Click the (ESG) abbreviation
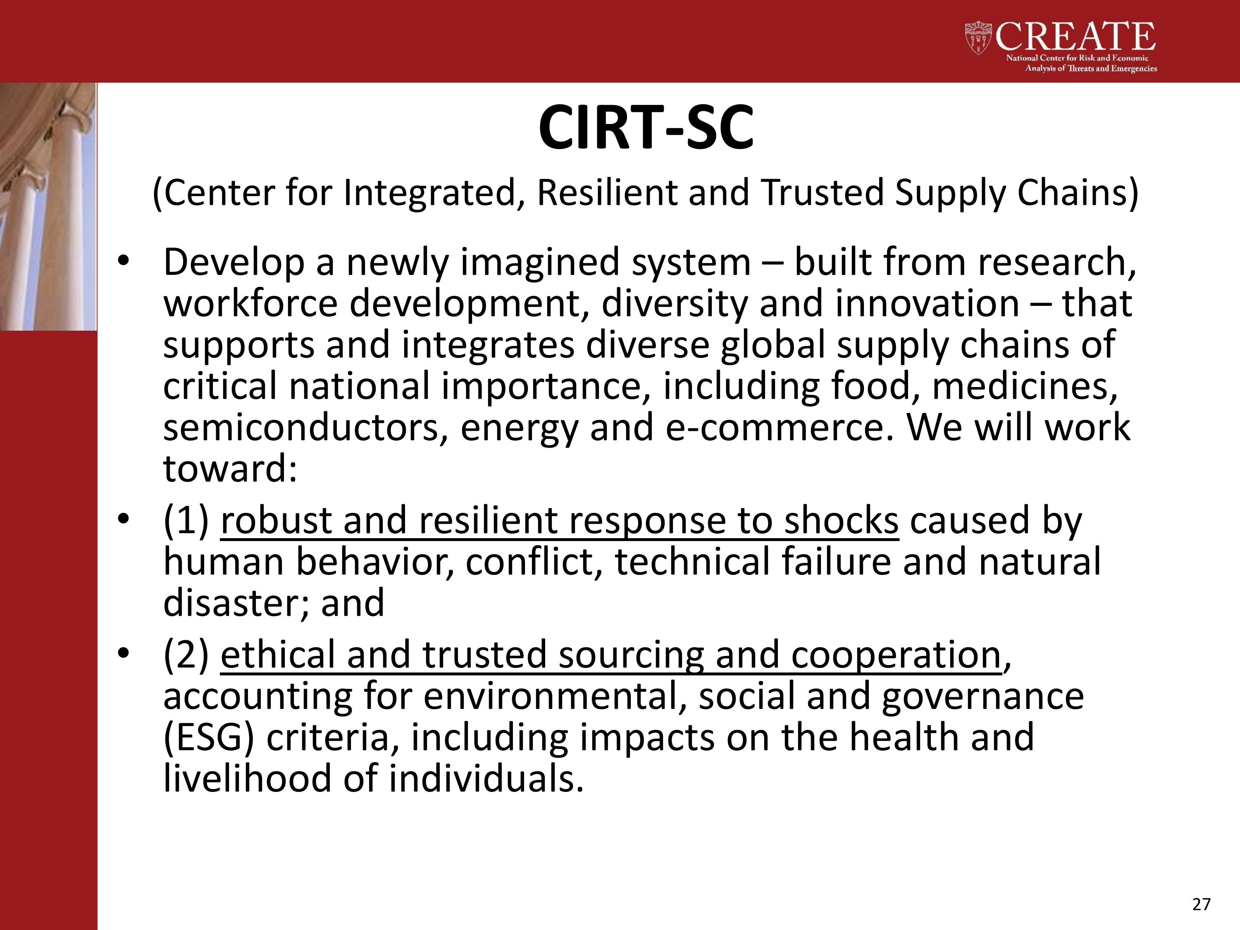click(209, 738)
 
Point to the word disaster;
click(236, 603)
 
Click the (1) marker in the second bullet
click(186, 521)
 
